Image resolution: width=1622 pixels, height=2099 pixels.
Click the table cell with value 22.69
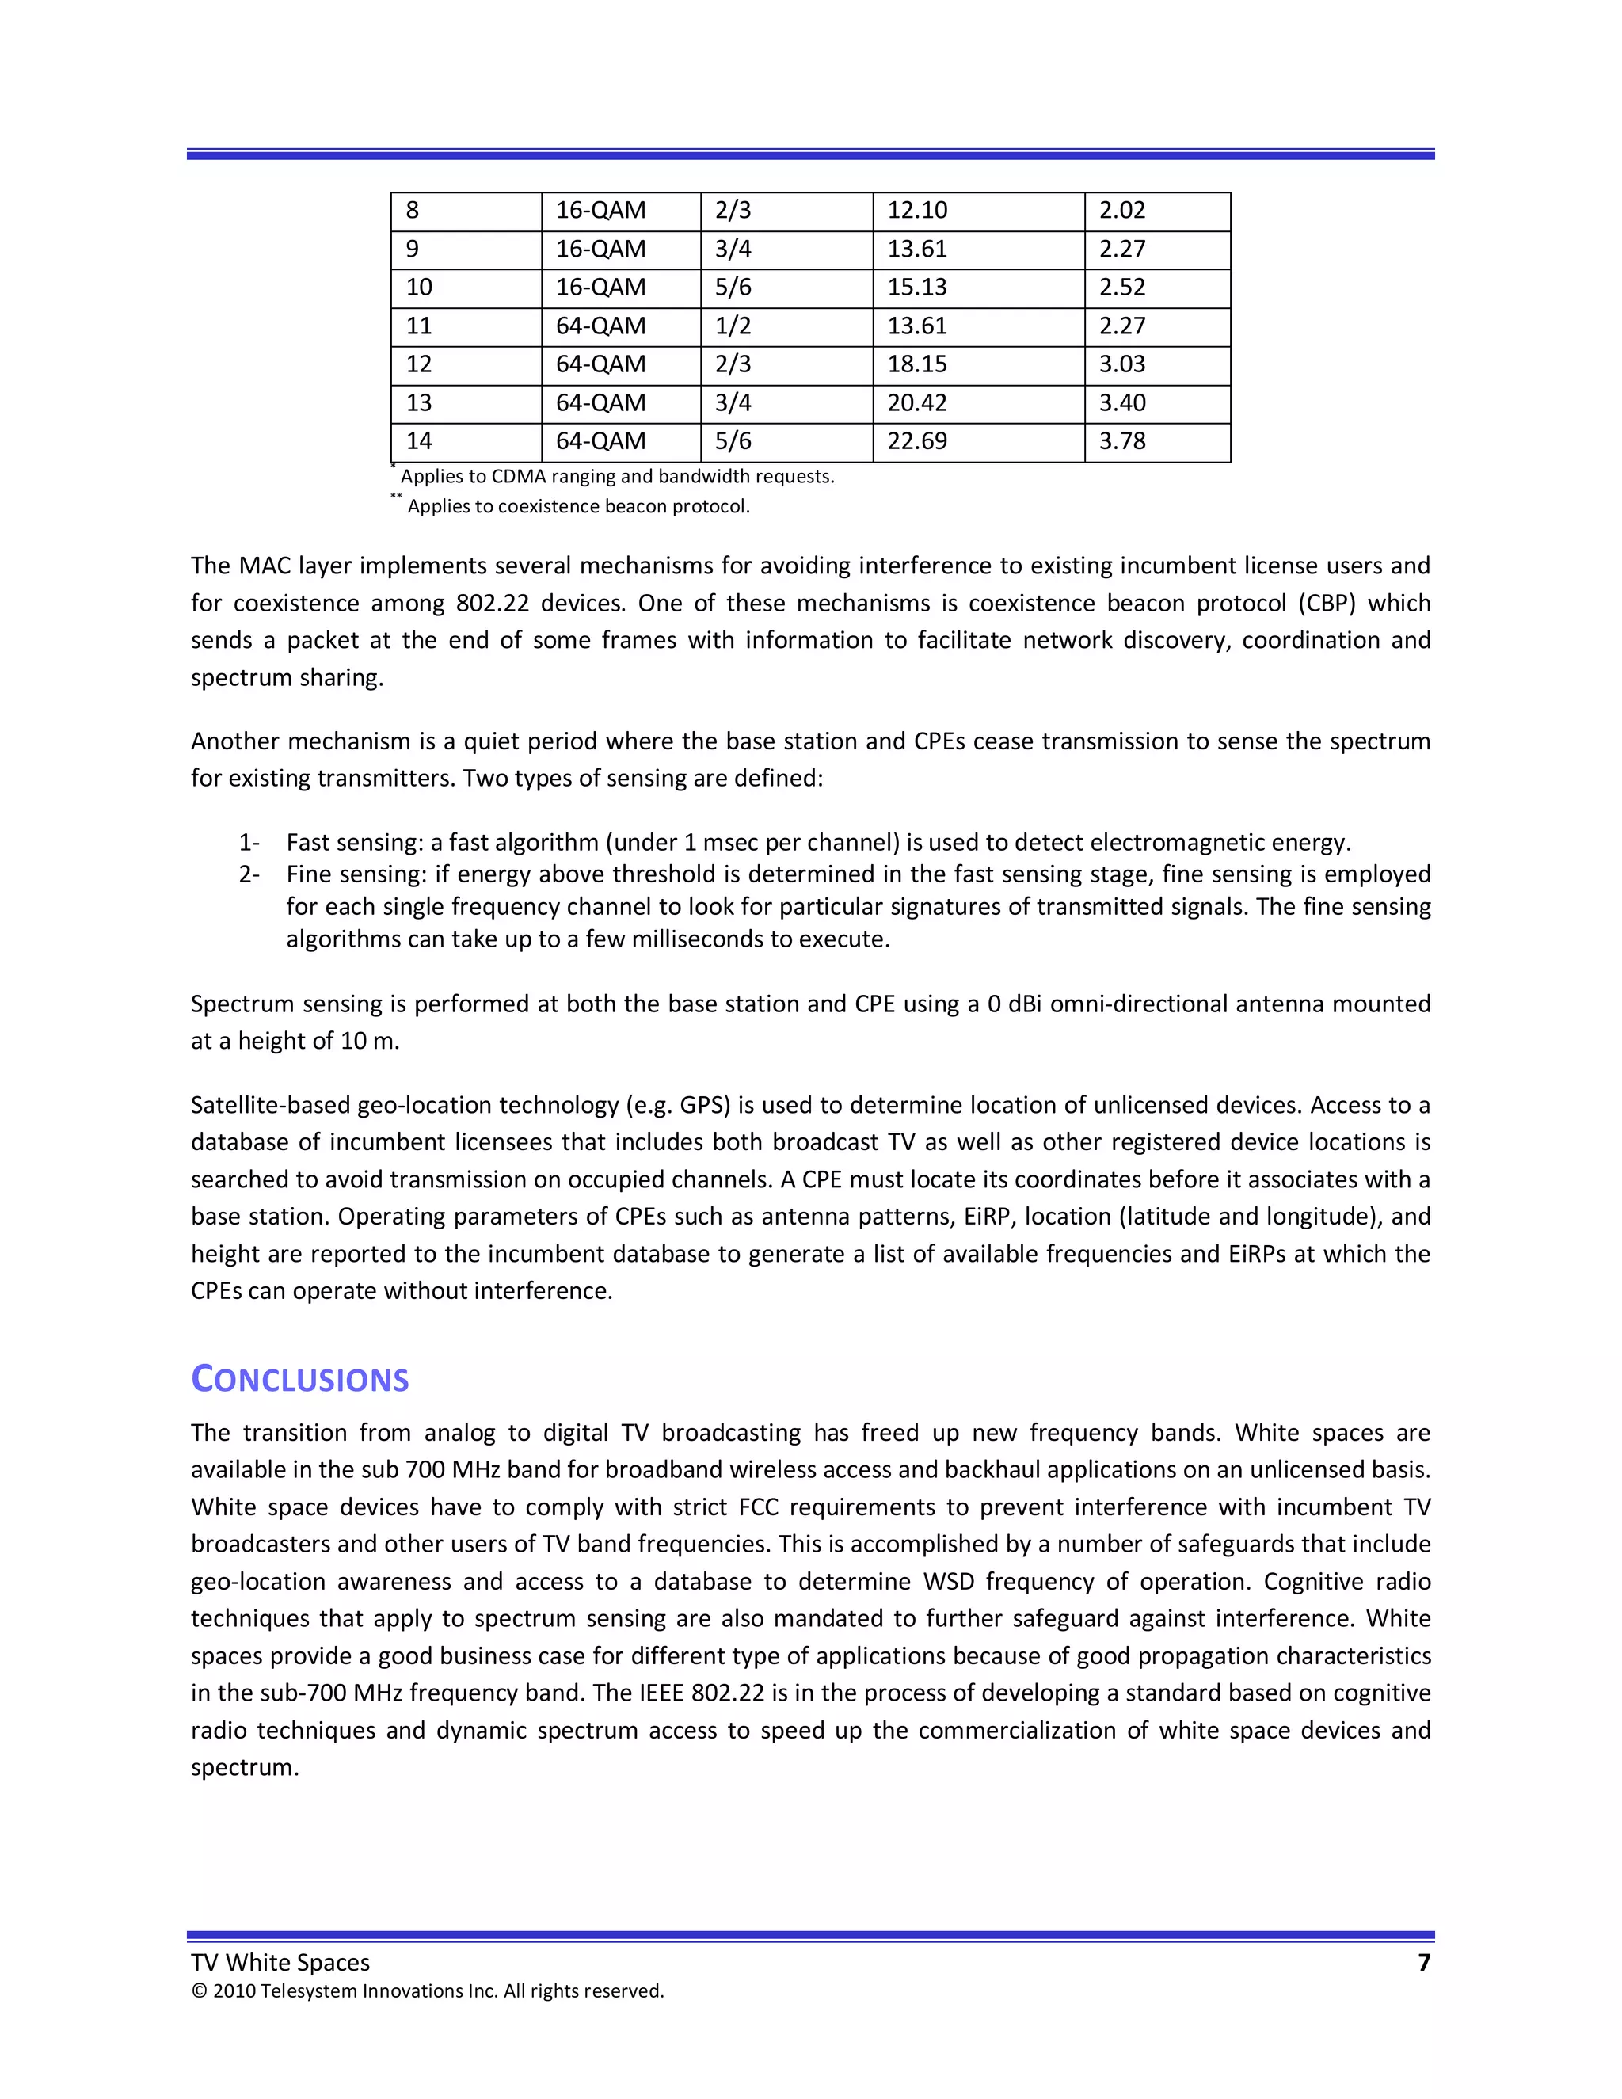click(x=916, y=441)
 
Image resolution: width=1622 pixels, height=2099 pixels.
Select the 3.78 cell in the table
click(x=1122, y=441)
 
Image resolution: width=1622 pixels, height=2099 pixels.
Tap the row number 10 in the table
click(x=419, y=288)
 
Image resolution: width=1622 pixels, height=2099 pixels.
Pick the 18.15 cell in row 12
click(x=916, y=364)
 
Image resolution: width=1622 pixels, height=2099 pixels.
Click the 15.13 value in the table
click(x=916, y=288)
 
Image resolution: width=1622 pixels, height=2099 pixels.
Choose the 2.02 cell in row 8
click(x=1122, y=211)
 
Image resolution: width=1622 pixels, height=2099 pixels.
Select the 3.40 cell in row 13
click(x=1122, y=402)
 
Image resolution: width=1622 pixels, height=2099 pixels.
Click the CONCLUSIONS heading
click(x=300, y=1379)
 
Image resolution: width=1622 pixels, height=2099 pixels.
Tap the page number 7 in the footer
click(x=1423, y=1963)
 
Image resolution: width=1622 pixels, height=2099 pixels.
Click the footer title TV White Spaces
click(x=280, y=1963)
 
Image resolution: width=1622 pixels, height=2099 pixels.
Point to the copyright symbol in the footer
click(x=199, y=1991)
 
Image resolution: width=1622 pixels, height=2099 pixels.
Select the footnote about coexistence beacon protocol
click(x=577, y=506)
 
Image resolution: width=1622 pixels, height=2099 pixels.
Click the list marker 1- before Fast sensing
click(x=249, y=843)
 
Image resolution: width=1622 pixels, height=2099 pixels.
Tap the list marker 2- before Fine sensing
click(x=249, y=874)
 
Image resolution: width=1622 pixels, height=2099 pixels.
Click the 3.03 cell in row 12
click(x=1122, y=364)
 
